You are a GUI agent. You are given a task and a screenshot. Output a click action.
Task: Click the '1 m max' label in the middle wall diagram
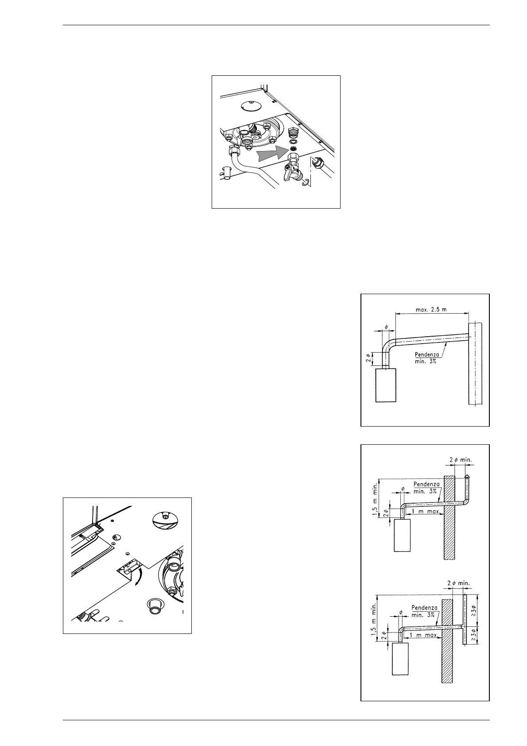(425, 511)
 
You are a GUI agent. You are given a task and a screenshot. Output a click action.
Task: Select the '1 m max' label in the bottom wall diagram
(423, 635)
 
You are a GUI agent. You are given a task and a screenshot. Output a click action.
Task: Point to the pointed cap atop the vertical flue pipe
(467, 477)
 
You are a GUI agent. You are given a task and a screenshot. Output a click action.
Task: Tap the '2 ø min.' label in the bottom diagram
(456, 583)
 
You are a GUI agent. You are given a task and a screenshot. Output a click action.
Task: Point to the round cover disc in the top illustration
(249, 105)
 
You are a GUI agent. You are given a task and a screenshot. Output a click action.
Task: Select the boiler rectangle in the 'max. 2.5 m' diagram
(385, 385)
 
